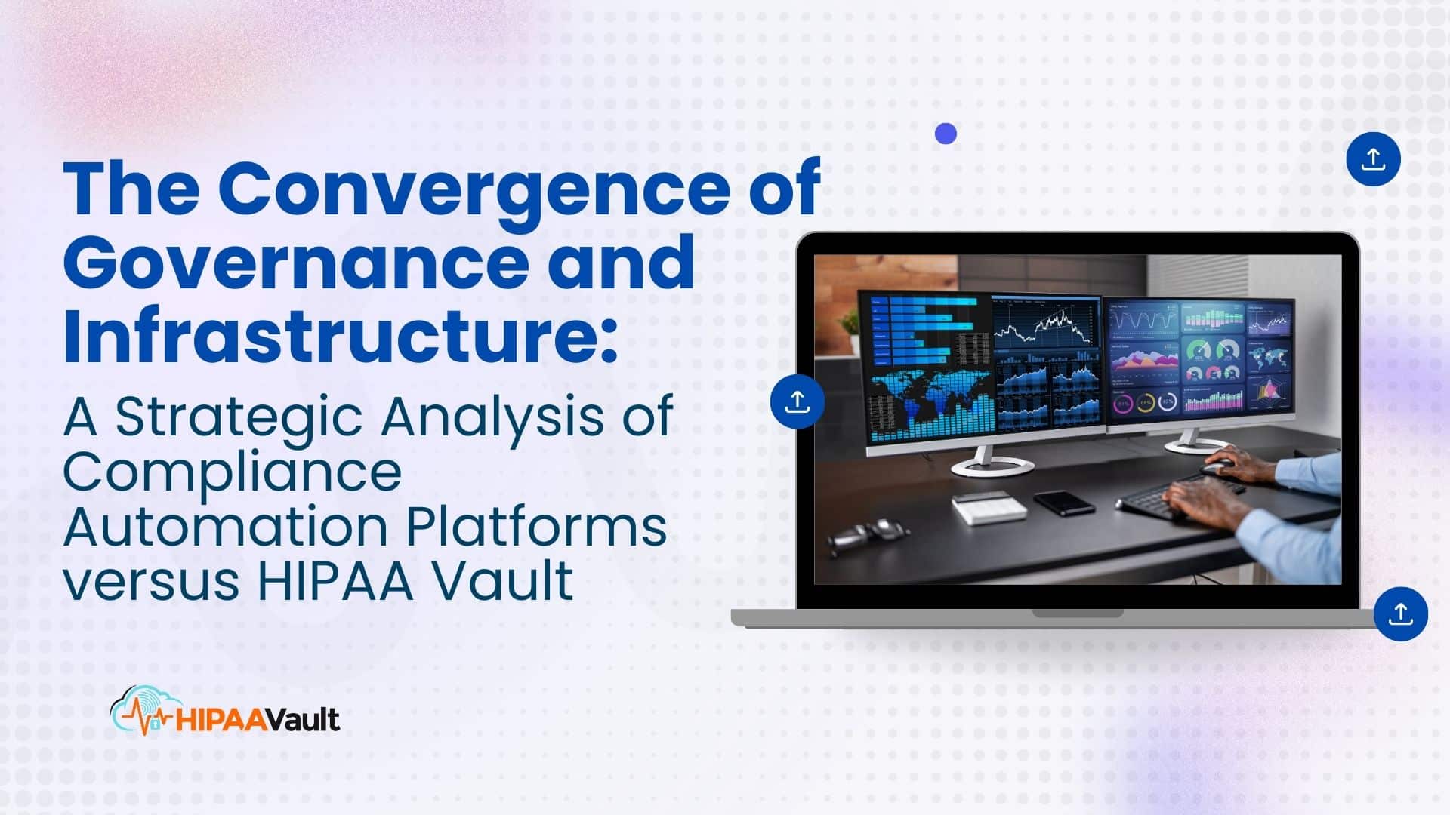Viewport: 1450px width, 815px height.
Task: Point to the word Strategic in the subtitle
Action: point(239,417)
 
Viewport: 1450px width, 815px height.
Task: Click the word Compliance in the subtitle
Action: point(232,472)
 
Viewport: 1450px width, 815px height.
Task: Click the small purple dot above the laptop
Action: point(946,134)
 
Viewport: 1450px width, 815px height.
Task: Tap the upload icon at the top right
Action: point(1373,159)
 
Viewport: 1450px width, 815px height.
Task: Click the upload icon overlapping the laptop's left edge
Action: point(797,401)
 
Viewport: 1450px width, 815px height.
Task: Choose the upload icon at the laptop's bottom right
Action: point(1400,614)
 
